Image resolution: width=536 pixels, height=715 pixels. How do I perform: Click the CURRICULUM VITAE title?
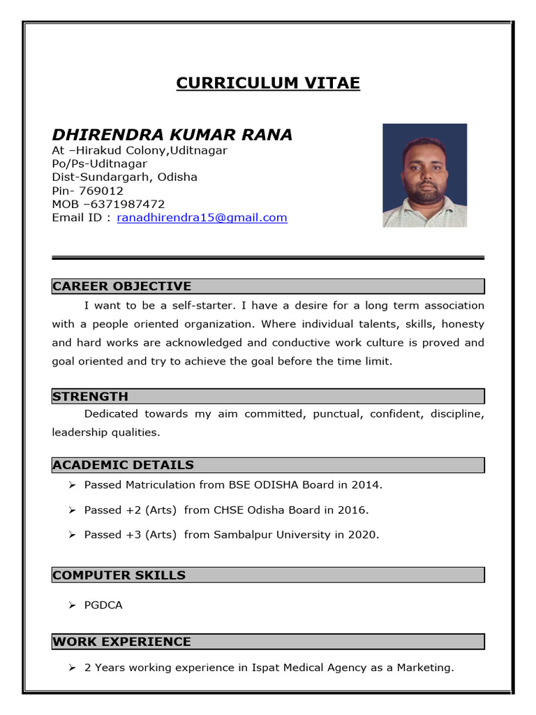tap(268, 83)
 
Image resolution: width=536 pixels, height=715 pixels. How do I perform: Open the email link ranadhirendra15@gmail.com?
tap(202, 218)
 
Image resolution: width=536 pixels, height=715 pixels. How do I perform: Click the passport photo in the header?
tap(424, 175)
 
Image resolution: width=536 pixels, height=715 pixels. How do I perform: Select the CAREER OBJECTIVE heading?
tap(121, 286)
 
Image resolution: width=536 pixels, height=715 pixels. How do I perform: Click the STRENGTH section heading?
tap(90, 397)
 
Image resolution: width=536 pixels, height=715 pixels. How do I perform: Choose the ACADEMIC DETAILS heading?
tap(123, 465)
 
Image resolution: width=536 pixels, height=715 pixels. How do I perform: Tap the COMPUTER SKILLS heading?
tap(119, 575)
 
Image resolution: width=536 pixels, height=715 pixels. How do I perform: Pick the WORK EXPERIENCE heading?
tap(121, 642)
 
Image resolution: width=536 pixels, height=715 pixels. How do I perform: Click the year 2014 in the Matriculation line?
tap(367, 485)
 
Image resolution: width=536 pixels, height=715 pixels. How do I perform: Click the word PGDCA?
tap(103, 605)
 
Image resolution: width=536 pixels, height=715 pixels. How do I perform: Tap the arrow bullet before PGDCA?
tap(71, 605)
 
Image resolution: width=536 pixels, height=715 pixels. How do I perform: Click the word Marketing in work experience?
tap(424, 668)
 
